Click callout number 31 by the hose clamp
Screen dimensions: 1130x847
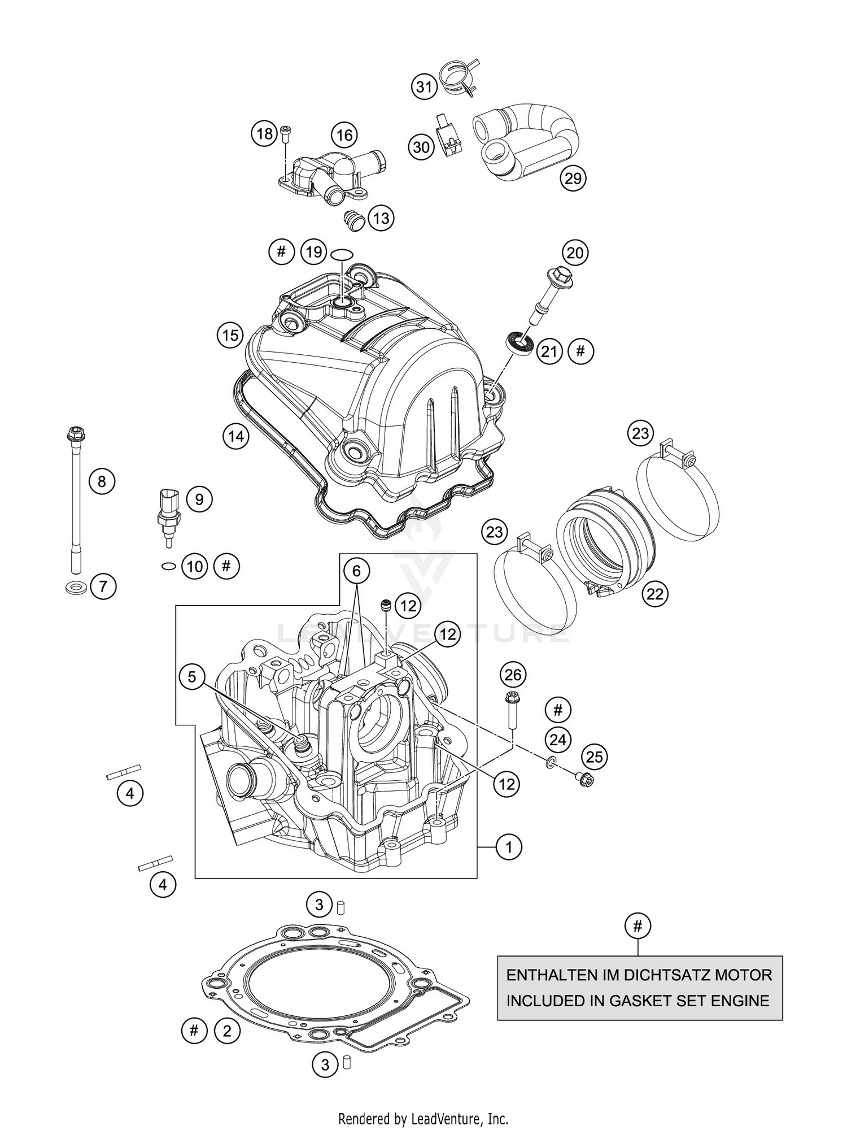tap(423, 86)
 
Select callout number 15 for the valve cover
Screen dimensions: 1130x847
tap(230, 336)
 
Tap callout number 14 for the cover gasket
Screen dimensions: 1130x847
tap(235, 436)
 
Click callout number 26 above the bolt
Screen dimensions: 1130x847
tap(513, 674)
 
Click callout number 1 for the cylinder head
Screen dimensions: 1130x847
tap(509, 863)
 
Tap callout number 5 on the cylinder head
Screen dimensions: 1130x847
tap(192, 676)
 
